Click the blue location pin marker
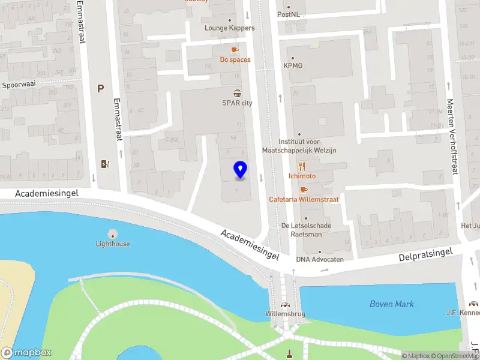coord(240,170)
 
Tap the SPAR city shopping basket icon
coord(238,93)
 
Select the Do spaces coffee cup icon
coord(235,50)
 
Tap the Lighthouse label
coord(113,244)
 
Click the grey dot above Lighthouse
coord(113,233)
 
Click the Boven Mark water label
coord(391,304)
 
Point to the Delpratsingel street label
coord(425,256)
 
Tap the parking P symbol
coord(101,89)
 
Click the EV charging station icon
coord(106,164)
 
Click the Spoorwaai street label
coord(19,85)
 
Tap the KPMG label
coord(293,65)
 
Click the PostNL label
coord(288,14)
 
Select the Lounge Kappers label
coord(229,28)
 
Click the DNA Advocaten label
coord(320,259)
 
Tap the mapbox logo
coord(26,353)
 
